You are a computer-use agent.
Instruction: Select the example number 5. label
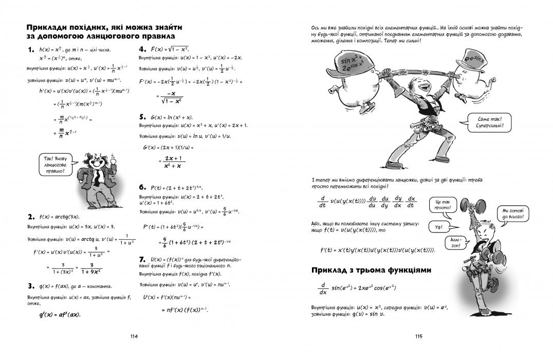pos(144,117)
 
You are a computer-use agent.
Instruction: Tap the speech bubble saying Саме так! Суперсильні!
pos(487,122)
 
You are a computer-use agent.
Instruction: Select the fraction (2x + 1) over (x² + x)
pos(171,163)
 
